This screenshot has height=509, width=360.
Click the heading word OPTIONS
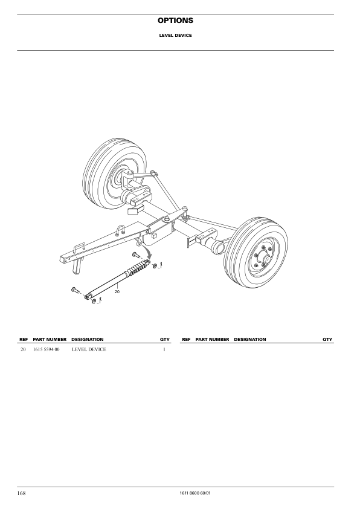pyautogui.click(x=179, y=21)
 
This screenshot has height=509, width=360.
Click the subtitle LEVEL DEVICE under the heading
pyautogui.click(x=179, y=35)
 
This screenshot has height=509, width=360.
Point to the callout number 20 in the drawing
pyautogui.click(x=118, y=291)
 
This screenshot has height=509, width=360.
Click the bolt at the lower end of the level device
pyautogui.click(x=75, y=290)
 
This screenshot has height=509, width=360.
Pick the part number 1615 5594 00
pyautogui.click(x=47, y=349)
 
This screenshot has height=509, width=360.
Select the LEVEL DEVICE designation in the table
pyautogui.click(x=88, y=349)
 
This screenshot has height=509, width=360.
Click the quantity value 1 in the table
pyautogui.click(x=164, y=349)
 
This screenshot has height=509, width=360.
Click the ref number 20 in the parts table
pyautogui.click(x=23, y=349)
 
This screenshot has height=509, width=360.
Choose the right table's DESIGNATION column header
pyautogui.click(x=249, y=339)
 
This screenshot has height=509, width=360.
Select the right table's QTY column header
pyautogui.click(x=327, y=339)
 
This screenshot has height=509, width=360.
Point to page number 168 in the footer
pyautogui.click(x=21, y=493)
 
